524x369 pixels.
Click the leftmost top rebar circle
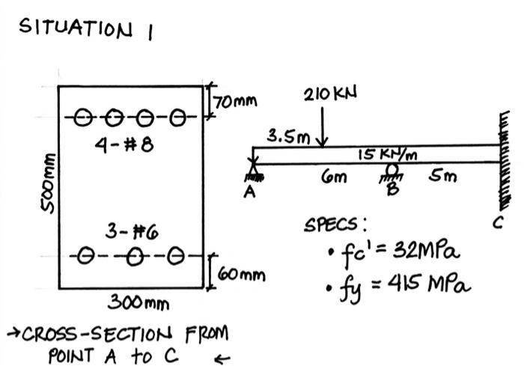pos(84,118)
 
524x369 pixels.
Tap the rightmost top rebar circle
pos(177,118)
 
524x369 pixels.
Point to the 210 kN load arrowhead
pos(323,142)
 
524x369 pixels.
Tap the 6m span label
pos(332,177)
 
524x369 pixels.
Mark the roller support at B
pos(390,174)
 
